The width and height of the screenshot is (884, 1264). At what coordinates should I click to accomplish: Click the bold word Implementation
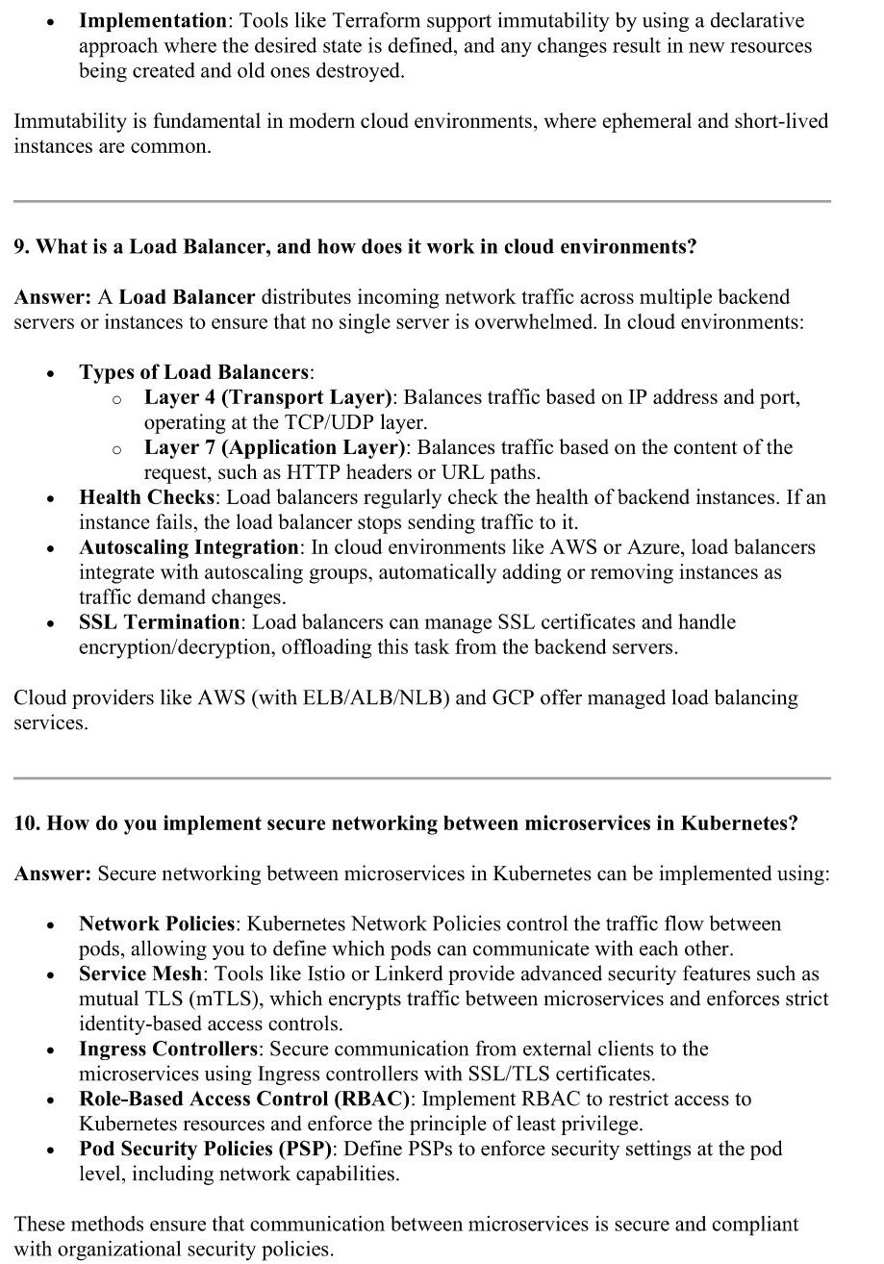click(x=151, y=20)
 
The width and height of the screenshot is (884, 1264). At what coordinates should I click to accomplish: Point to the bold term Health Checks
click(x=146, y=497)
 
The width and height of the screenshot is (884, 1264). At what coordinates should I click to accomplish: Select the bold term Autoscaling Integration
click(x=189, y=547)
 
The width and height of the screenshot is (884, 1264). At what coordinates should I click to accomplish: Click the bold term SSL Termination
click(x=159, y=622)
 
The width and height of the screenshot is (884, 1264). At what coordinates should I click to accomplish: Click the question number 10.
click(x=26, y=823)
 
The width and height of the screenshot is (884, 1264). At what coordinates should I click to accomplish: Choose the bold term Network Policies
click(x=156, y=923)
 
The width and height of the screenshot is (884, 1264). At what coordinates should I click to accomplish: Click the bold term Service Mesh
click(x=140, y=973)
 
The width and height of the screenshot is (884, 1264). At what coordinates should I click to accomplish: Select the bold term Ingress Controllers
click(x=167, y=1049)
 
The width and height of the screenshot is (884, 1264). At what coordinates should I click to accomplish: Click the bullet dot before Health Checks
click(x=50, y=499)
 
